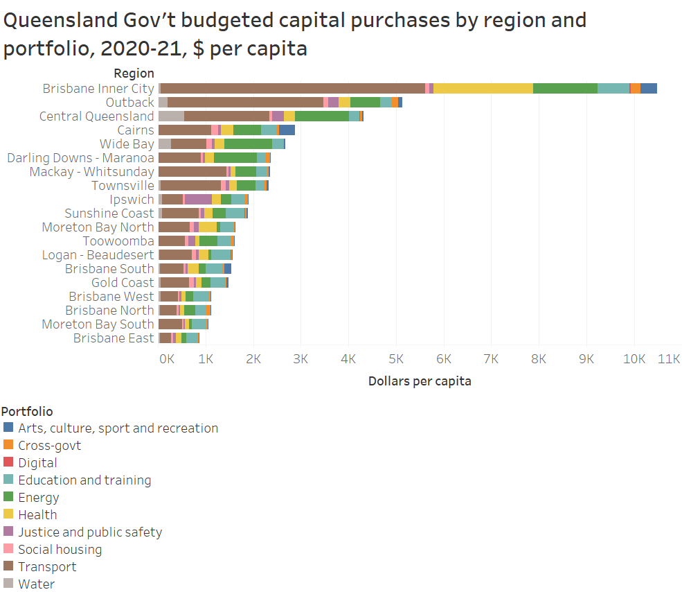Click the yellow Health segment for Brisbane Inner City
(x=483, y=88)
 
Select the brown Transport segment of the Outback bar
(x=245, y=102)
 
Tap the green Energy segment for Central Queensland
(x=321, y=116)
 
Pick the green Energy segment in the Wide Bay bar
(x=248, y=143)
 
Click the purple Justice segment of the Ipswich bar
(x=198, y=199)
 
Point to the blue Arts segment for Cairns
(x=287, y=130)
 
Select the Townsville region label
(x=123, y=185)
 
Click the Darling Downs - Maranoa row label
(x=80, y=157)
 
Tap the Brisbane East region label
(x=114, y=338)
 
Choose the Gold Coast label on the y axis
(x=123, y=282)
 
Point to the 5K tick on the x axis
(x=396, y=358)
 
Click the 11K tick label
(x=669, y=358)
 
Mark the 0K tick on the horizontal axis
(x=167, y=358)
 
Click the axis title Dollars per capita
(x=419, y=381)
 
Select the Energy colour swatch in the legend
(x=8, y=497)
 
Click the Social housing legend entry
(x=60, y=549)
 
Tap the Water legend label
(x=36, y=584)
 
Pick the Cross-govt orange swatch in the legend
(x=8, y=445)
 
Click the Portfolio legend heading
(x=28, y=411)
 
